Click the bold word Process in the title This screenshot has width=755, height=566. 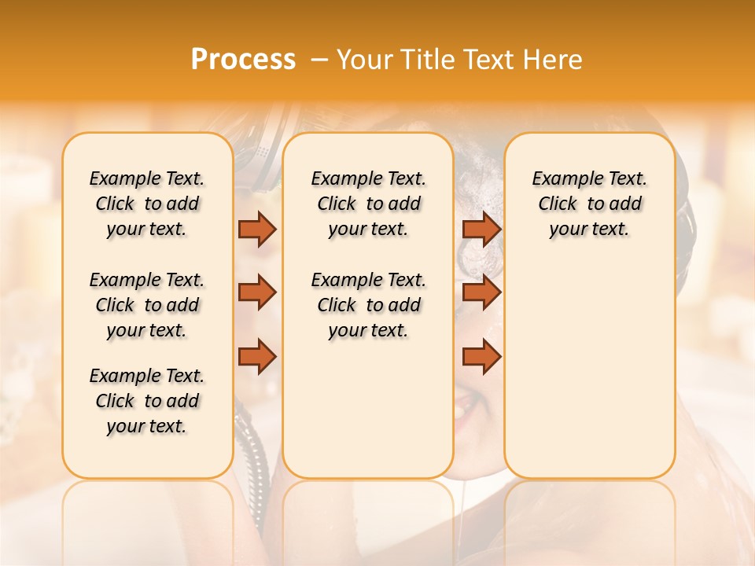pyautogui.click(x=243, y=60)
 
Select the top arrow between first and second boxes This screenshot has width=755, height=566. pyautogui.click(x=257, y=229)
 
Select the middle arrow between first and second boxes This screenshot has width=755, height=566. pyautogui.click(x=257, y=292)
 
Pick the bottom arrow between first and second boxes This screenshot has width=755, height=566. pyautogui.click(x=257, y=356)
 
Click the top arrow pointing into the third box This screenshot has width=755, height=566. pyautogui.click(x=481, y=229)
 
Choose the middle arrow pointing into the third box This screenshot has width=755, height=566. pyautogui.click(x=481, y=292)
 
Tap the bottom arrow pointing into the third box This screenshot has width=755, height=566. pyautogui.click(x=481, y=356)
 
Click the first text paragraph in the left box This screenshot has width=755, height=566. pyautogui.click(x=147, y=204)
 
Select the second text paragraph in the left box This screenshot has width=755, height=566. pyautogui.click(x=147, y=305)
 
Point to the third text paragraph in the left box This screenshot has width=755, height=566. pyautogui.click(x=147, y=401)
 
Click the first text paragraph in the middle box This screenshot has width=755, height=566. pyautogui.click(x=369, y=204)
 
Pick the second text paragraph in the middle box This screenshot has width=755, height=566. pyautogui.click(x=369, y=305)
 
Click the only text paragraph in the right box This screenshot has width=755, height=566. pyautogui.click(x=590, y=204)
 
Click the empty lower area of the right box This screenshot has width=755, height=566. pyautogui.click(x=590, y=369)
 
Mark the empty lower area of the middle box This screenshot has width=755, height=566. pyautogui.click(x=368, y=409)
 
